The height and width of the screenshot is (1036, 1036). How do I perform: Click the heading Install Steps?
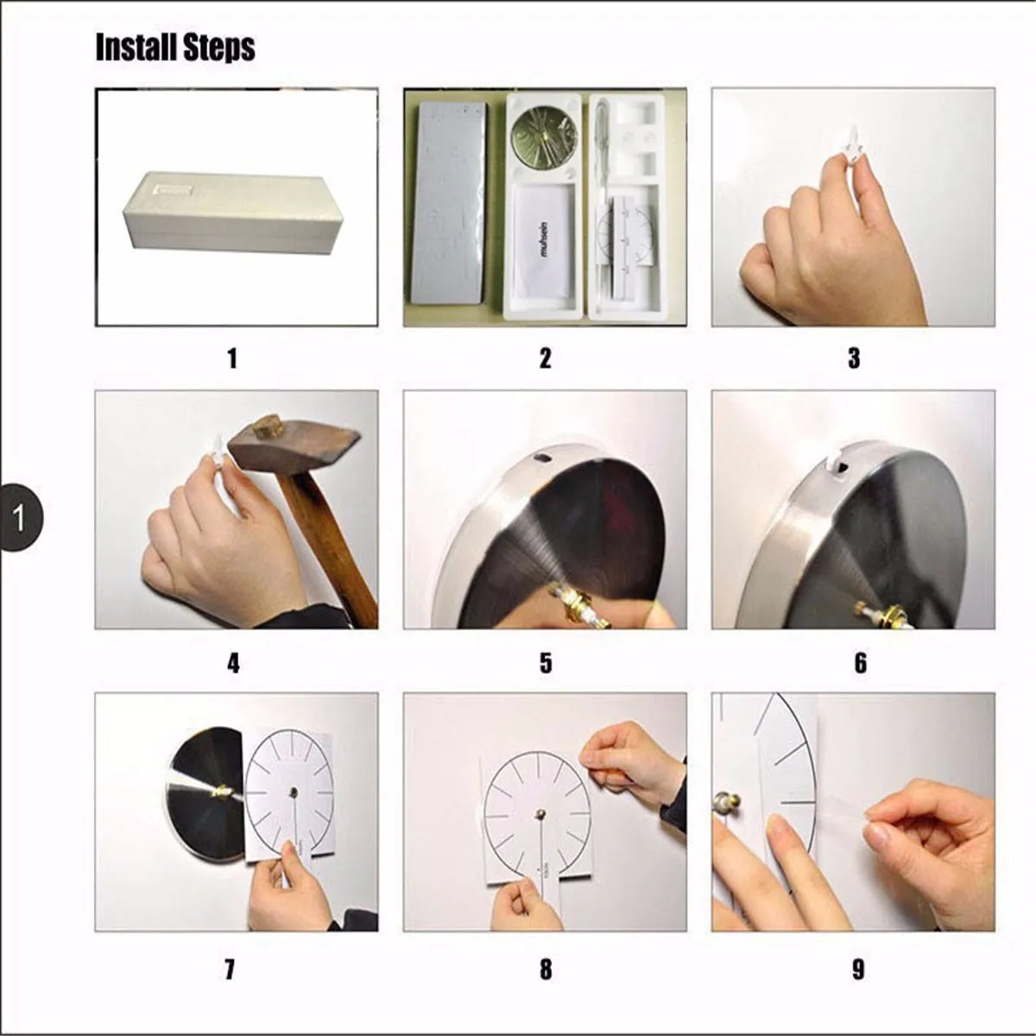coord(175,47)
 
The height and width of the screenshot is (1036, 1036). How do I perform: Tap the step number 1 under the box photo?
coord(231,358)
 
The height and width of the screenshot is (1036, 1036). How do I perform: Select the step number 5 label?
coord(546,663)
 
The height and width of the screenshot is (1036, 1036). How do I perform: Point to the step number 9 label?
coord(857,970)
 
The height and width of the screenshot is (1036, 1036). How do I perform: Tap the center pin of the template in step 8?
coord(541,813)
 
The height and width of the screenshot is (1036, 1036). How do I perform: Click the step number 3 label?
coord(854,358)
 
